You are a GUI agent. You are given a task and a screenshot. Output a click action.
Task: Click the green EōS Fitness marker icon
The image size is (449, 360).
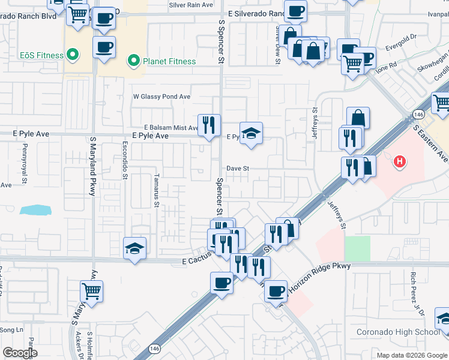click(74, 56)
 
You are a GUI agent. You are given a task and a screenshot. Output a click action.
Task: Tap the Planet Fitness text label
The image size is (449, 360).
click(169, 61)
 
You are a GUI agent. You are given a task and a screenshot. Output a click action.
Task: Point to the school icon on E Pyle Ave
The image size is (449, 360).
click(252, 133)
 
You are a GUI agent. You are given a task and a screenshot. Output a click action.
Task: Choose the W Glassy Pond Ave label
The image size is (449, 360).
click(161, 97)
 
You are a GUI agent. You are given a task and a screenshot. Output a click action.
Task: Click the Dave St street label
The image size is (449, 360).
click(238, 169)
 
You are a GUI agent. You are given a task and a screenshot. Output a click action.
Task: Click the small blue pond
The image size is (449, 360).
click(35, 210)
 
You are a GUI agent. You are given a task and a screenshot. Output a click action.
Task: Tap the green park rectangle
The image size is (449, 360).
click(357, 248)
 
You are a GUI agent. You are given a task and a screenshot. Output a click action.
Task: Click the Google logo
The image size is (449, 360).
click(19, 353)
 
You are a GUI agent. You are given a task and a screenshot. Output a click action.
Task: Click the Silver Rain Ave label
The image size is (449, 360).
click(191, 5)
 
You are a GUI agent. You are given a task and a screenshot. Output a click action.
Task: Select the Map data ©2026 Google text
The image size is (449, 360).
click(412, 355)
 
